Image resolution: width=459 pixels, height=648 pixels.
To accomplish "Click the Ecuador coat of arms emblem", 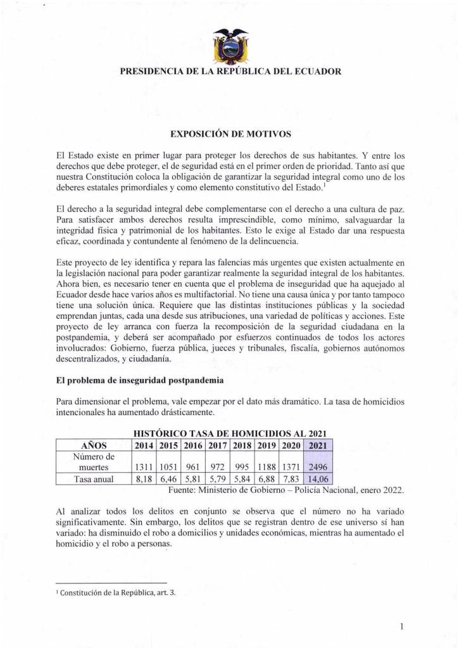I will (x=230, y=45).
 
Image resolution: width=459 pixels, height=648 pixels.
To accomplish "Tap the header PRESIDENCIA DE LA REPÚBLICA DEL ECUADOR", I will (x=230, y=72).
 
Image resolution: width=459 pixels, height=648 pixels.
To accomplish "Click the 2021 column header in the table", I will (x=318, y=445).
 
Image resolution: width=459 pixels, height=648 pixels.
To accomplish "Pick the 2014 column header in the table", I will (x=145, y=445).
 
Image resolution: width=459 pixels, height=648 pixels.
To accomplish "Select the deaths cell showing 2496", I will (x=318, y=467).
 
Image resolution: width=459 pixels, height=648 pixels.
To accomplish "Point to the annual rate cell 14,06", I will (x=318, y=479).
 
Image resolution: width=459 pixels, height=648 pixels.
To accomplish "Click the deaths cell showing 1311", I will (x=145, y=467).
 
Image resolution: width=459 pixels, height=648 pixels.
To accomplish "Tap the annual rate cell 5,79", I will (x=218, y=479).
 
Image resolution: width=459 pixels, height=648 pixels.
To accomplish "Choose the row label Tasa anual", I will (x=94, y=479).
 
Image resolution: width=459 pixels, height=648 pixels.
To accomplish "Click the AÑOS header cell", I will (x=94, y=445).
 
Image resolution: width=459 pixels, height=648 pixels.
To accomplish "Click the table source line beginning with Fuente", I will (x=286, y=490).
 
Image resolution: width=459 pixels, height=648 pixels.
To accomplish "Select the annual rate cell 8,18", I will (x=145, y=479).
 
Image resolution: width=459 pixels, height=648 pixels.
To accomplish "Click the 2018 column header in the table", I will (x=242, y=445).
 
